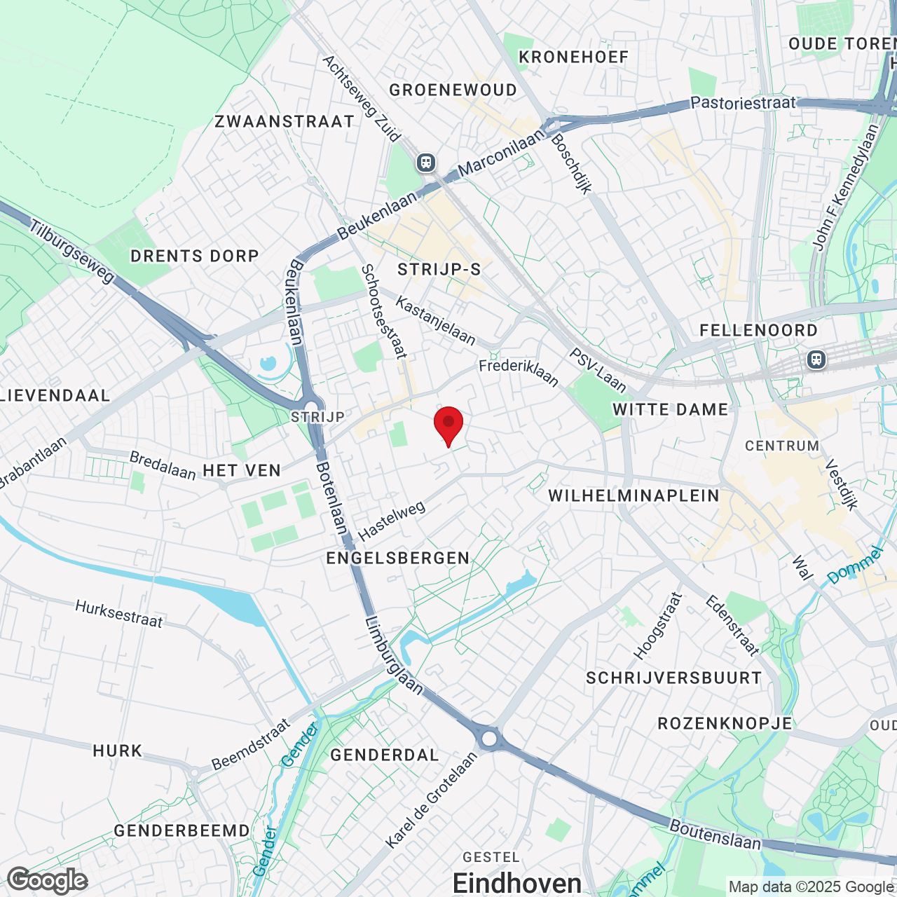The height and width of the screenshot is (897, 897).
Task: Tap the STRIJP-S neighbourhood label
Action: [439, 269]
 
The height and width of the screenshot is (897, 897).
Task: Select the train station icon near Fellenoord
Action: [816, 360]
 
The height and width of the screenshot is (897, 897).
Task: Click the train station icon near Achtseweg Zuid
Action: [425, 163]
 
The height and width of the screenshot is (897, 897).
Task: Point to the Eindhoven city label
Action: [517, 883]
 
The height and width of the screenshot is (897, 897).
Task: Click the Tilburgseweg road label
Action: [72, 252]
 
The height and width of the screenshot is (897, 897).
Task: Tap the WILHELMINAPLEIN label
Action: [634, 495]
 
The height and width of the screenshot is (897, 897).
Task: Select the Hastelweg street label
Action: [392, 521]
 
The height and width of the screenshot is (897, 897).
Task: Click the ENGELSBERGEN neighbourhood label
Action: [398, 558]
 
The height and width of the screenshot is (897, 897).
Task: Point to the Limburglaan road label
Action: [395, 655]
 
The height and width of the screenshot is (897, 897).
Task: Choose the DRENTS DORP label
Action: [195, 256]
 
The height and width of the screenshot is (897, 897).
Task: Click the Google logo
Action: [48, 880]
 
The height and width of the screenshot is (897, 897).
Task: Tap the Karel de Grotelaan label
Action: [431, 799]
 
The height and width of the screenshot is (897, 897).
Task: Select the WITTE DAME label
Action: [671, 409]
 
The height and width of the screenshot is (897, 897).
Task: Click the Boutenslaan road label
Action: [715, 834]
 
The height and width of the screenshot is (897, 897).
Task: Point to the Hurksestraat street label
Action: [119, 614]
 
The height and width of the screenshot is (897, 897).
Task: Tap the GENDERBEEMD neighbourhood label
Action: [182, 830]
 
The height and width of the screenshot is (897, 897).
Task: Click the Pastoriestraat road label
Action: [743, 103]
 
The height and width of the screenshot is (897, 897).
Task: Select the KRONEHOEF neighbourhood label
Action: [573, 57]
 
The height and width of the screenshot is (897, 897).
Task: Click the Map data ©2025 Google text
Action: [812, 887]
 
